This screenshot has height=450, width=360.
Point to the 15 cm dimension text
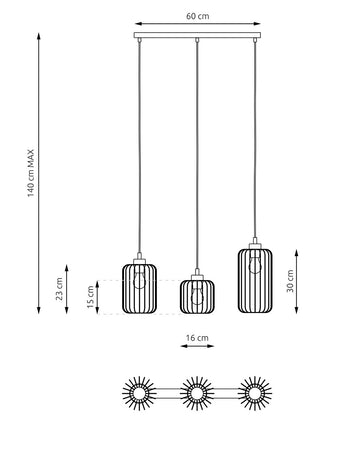pyautogui.click(x=88, y=297)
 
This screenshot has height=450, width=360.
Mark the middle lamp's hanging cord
pyautogui.click(x=197, y=160)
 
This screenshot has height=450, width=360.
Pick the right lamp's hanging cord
pyautogui.click(x=254, y=140)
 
